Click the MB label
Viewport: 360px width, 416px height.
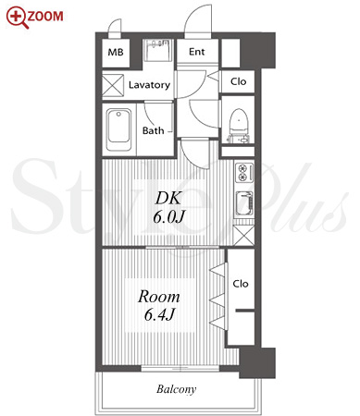tap(116, 52)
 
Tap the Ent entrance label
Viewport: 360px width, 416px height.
tap(197, 52)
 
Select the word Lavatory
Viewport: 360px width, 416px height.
tap(149, 85)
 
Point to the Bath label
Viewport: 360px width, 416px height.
tap(153, 130)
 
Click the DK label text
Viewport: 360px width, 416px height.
tap(168, 198)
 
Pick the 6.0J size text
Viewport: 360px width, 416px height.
tap(168, 217)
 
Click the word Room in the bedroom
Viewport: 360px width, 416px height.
tap(159, 297)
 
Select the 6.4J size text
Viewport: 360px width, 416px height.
tap(159, 314)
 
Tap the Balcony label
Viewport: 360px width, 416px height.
tap(176, 389)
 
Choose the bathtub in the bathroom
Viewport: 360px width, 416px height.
tap(118, 129)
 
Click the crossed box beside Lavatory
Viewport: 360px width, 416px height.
tap(113, 85)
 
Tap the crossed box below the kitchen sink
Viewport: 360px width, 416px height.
tap(243, 236)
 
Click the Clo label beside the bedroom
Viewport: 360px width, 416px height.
tap(241, 284)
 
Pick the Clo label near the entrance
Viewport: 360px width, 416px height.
tap(239, 81)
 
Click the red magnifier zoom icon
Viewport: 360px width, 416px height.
tap(17, 18)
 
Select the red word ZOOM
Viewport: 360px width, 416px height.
tap(45, 16)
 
